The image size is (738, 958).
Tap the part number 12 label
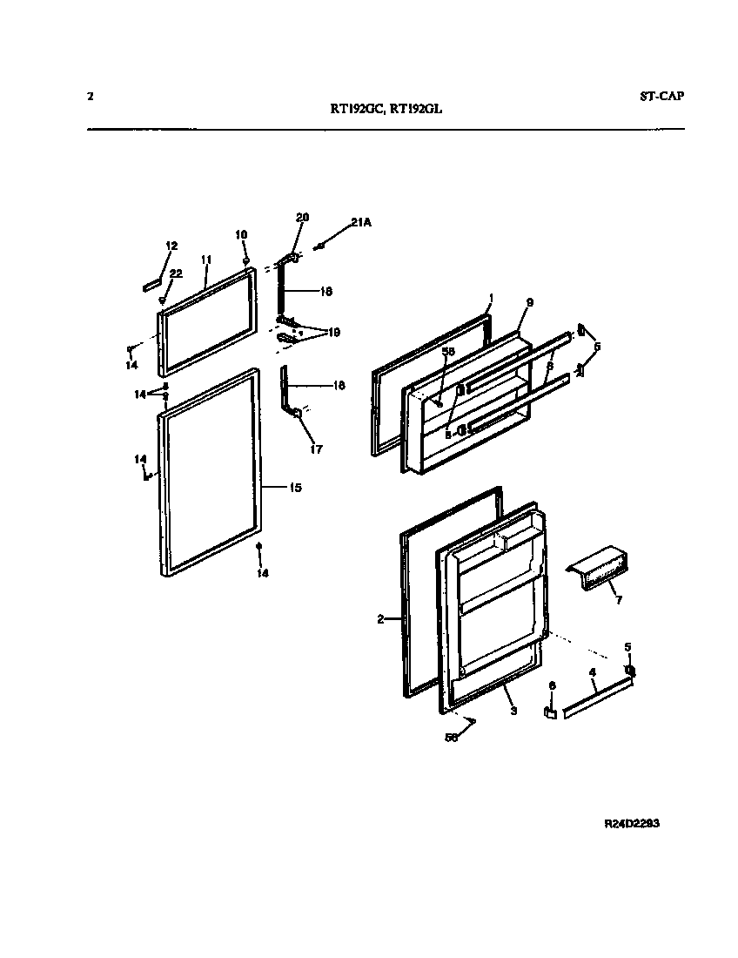pos(171,246)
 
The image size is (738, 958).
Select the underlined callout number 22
pos(176,273)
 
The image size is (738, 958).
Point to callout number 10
pos(242,234)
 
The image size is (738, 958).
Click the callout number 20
pos(302,217)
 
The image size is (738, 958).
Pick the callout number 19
pos(334,333)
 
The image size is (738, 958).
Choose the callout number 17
pos(316,449)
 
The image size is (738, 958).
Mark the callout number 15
pos(294,489)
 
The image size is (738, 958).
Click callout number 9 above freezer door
pos(529,302)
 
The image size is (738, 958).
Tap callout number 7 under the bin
pos(618,600)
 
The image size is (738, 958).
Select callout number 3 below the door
pos(513,711)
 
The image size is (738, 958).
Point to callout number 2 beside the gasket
pos(380,619)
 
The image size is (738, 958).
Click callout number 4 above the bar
pos(592,672)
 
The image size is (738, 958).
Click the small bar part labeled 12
pos(150,284)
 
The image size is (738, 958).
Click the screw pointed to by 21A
pos(321,247)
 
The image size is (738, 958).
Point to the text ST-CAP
pos(655,96)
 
